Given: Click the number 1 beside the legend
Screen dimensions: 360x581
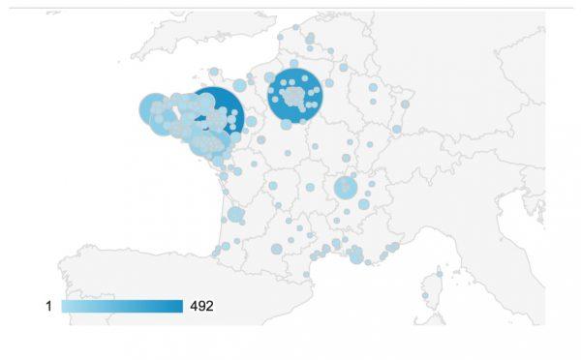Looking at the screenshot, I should tap(48, 307).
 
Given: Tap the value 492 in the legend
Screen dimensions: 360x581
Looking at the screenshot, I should tap(201, 307).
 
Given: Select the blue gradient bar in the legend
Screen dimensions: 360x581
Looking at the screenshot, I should tap(122, 307).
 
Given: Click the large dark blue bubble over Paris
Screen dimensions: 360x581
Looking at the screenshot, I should tap(294, 96).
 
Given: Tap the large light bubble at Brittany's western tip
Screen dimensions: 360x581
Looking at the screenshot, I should tap(154, 109).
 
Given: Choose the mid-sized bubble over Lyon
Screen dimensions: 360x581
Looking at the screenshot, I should tap(346, 188).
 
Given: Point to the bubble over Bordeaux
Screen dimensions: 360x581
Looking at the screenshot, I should tap(235, 214).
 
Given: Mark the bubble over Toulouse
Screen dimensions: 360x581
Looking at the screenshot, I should tap(276, 249).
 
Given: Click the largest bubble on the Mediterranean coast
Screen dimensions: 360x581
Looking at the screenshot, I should tap(356, 255).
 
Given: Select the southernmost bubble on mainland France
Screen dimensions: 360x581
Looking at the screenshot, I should tap(306, 274).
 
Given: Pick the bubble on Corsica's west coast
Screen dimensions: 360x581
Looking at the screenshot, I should tap(424, 295).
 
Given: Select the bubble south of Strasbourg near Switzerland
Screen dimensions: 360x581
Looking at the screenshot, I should tap(397, 129).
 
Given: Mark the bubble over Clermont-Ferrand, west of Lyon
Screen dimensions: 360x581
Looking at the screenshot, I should tap(310, 188).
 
